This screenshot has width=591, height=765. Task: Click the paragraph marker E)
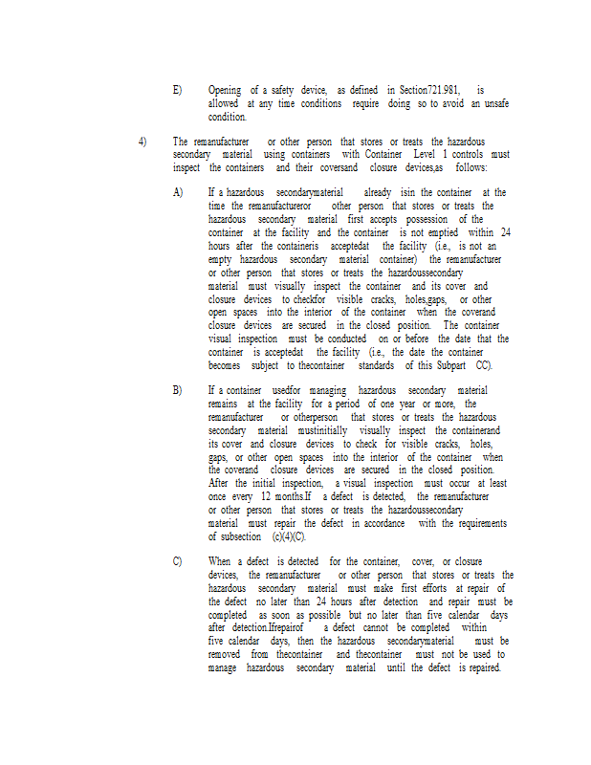coord(177,90)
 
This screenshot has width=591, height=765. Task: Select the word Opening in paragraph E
coord(225,90)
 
